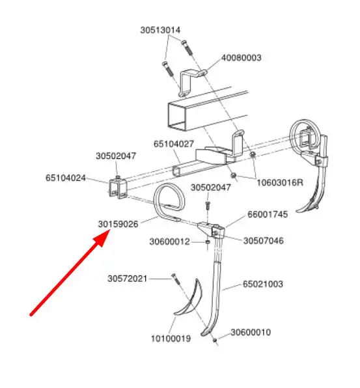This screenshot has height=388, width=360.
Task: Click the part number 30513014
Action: click(160, 30)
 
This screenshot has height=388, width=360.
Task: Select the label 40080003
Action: click(242, 58)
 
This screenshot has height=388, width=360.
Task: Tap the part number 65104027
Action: click(174, 144)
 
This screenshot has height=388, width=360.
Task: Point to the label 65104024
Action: click(66, 178)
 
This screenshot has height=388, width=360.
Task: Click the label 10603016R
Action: click(280, 183)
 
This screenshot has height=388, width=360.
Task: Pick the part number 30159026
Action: click(118, 224)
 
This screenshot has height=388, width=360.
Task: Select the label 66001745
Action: click(268, 214)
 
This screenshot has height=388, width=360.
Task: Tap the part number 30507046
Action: click(264, 241)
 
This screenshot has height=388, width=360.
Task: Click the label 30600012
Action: click(169, 242)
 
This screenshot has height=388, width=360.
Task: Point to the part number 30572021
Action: click(128, 279)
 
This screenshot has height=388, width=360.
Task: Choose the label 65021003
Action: click(263, 284)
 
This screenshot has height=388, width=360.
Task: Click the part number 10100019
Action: click(171, 339)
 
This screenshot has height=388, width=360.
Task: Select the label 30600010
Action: click(251, 332)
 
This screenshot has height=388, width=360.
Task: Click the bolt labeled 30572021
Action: click(175, 279)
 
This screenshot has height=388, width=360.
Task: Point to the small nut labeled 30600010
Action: click(215, 340)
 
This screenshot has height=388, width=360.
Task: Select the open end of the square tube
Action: click(176, 116)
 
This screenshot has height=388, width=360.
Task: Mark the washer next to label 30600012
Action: click(208, 242)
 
